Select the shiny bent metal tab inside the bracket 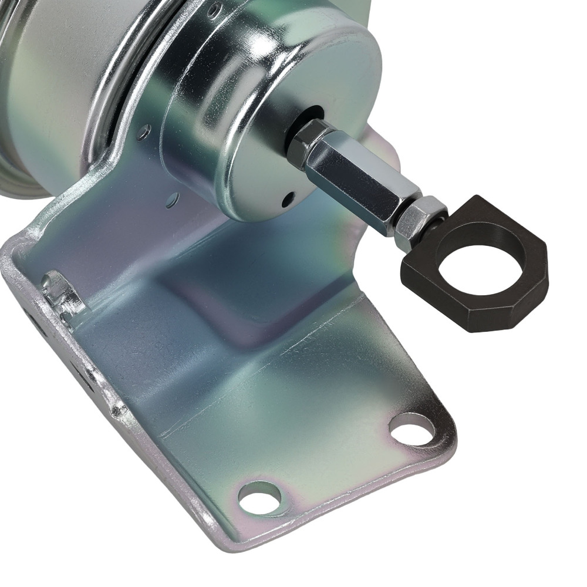[x=62, y=293]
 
